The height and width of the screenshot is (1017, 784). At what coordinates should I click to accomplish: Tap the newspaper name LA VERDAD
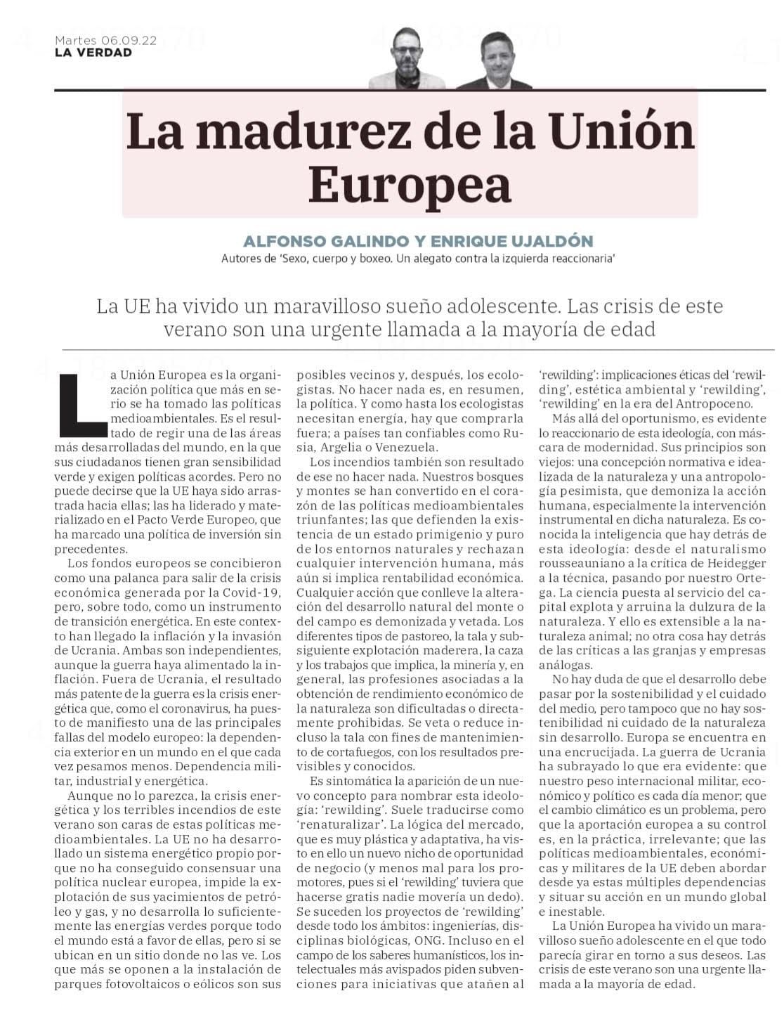point(93,53)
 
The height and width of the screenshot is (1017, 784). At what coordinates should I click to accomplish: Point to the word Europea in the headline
point(410,186)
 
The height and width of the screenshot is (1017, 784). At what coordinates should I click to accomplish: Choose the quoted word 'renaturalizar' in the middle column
point(340,824)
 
